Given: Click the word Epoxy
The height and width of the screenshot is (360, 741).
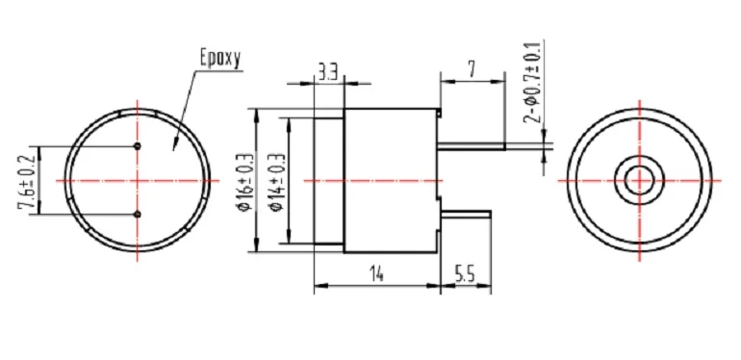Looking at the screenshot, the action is pos(220,59).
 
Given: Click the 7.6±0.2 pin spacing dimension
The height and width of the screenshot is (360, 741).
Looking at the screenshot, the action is pos(27,181).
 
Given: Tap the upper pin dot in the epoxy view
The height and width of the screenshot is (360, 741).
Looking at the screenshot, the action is pos(138,146).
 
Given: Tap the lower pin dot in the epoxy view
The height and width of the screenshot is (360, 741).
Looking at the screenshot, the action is pos(138,215).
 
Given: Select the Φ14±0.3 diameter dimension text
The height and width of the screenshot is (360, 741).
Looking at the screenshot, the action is pos(278,181).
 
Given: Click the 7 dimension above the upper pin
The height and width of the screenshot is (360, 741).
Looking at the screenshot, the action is pos(472,69).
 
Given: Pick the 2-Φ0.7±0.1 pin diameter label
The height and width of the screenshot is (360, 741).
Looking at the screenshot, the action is pos(531,83).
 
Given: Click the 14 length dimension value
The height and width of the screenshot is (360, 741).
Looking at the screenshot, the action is pos(376,275).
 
